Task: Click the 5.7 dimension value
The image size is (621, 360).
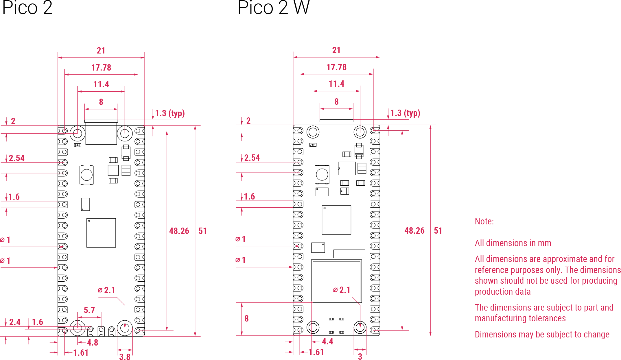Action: pos(89,310)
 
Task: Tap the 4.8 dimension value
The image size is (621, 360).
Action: pos(93,343)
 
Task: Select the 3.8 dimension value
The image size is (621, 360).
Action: pos(125,357)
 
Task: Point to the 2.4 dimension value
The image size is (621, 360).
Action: pos(15,322)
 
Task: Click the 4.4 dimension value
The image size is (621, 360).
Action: pos(327,341)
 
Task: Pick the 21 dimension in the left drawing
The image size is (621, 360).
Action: pos(101,51)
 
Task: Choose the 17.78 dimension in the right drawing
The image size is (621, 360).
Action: pos(336,67)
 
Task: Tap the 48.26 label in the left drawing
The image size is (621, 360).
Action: pos(179,231)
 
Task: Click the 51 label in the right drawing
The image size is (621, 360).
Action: pos(438,230)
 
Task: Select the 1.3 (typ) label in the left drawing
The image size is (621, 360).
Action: pos(170,113)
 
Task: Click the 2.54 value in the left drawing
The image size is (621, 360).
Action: pos(16,158)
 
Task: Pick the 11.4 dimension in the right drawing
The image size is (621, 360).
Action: pos(336,84)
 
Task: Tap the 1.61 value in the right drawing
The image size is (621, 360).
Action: pos(316,352)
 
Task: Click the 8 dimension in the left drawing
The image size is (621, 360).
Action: pos(101,102)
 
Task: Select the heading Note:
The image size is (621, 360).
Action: pos(484,221)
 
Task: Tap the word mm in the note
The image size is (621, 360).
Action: pos(544,243)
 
